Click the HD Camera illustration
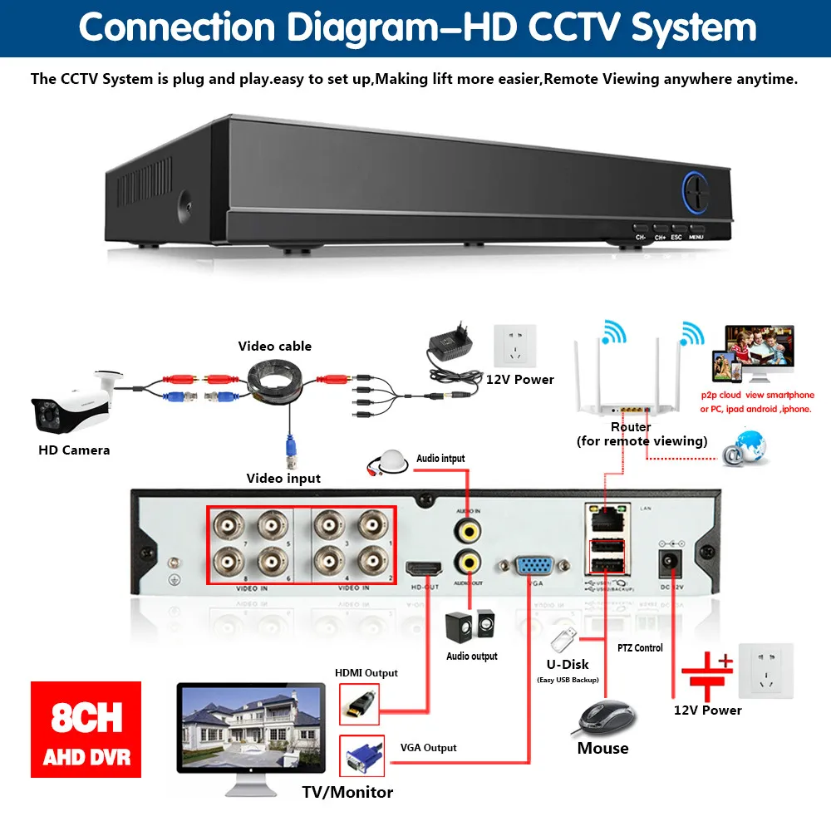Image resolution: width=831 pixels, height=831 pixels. point(71,402)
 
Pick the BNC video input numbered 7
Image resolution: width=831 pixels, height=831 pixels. point(226,526)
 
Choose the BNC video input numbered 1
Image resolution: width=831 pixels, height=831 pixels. point(371,526)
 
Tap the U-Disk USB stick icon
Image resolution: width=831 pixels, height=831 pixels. point(563,638)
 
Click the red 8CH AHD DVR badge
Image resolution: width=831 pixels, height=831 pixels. point(86,729)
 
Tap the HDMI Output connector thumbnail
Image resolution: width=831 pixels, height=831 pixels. point(360,704)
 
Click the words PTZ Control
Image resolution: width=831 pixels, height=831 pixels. point(640,648)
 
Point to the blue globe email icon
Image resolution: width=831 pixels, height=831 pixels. point(745,450)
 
